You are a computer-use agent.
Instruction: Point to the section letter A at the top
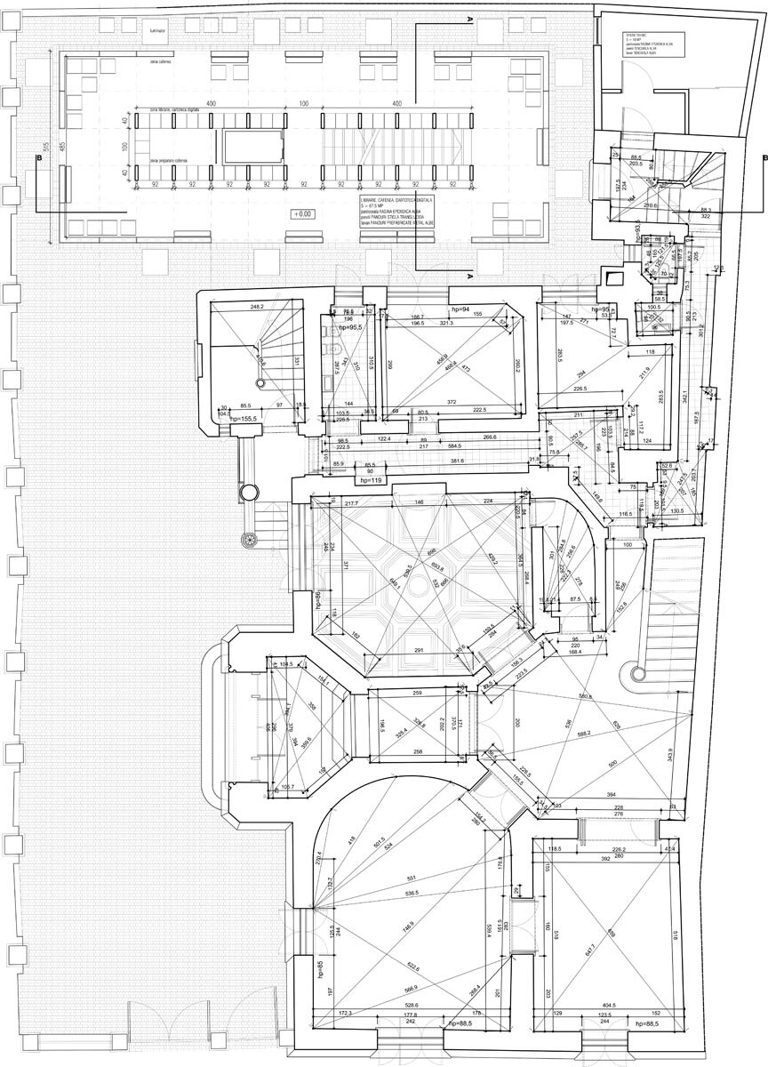[x=470, y=18]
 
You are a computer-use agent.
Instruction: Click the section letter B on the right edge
[x=764, y=158]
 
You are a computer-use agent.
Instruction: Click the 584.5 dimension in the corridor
[x=460, y=445]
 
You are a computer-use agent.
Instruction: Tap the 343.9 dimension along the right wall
[x=694, y=752]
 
